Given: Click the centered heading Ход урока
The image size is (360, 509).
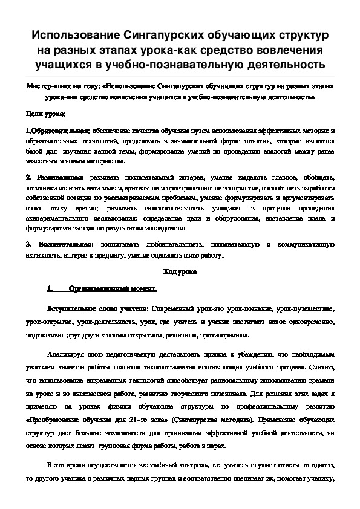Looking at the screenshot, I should pos(179,272).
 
